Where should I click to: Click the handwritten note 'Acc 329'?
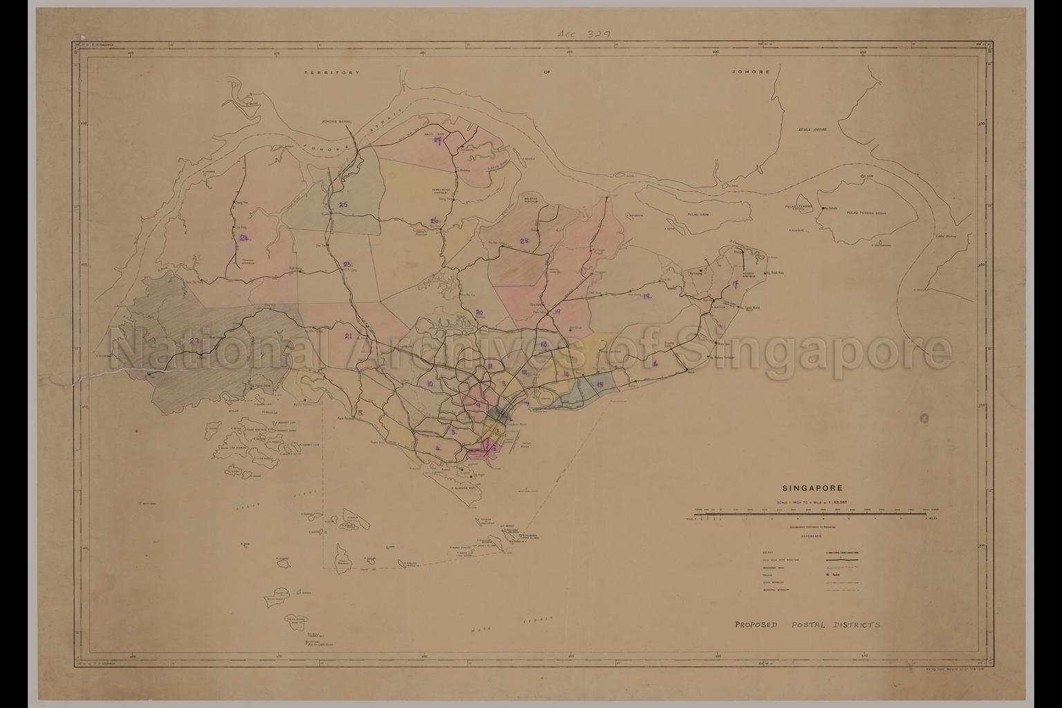point(583,33)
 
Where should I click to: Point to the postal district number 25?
point(343,204)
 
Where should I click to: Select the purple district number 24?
point(244,238)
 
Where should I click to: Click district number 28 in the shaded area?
point(524,241)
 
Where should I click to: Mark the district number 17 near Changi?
point(733,285)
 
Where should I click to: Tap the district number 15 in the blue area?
point(599,384)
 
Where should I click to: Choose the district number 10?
point(429,384)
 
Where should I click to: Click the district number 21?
point(348,336)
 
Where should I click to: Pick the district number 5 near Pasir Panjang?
point(360,413)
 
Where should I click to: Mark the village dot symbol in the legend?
point(827,574)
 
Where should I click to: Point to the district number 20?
point(479,313)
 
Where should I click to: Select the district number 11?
point(490,366)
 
